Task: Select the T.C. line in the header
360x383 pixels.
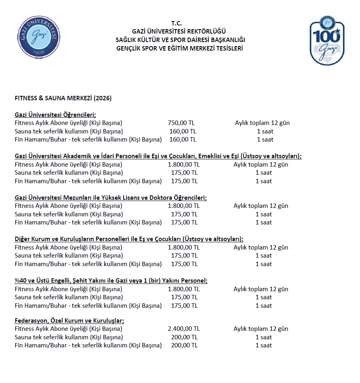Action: [x=179, y=23]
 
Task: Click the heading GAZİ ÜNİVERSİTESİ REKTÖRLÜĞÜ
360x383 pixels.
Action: [x=179, y=32]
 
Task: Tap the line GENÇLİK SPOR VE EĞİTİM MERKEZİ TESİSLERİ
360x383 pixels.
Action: [x=179, y=49]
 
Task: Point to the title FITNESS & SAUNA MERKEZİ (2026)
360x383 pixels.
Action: [x=63, y=98]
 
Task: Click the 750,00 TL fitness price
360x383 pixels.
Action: [x=181, y=123]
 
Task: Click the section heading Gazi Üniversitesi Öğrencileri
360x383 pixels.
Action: [x=55, y=115]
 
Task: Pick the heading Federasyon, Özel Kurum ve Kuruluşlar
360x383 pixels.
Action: [x=69, y=321]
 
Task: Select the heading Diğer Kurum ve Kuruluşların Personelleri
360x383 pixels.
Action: [x=129, y=239]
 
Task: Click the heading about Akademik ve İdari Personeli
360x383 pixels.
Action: [x=158, y=156]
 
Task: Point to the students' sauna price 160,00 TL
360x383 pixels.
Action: [x=183, y=131]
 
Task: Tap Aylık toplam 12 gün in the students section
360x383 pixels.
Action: [x=262, y=123]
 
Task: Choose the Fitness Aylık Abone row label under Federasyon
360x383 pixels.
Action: [x=68, y=329]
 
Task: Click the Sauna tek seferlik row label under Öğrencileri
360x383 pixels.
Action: [x=69, y=131]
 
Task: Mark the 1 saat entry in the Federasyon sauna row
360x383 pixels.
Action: [x=263, y=337]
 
